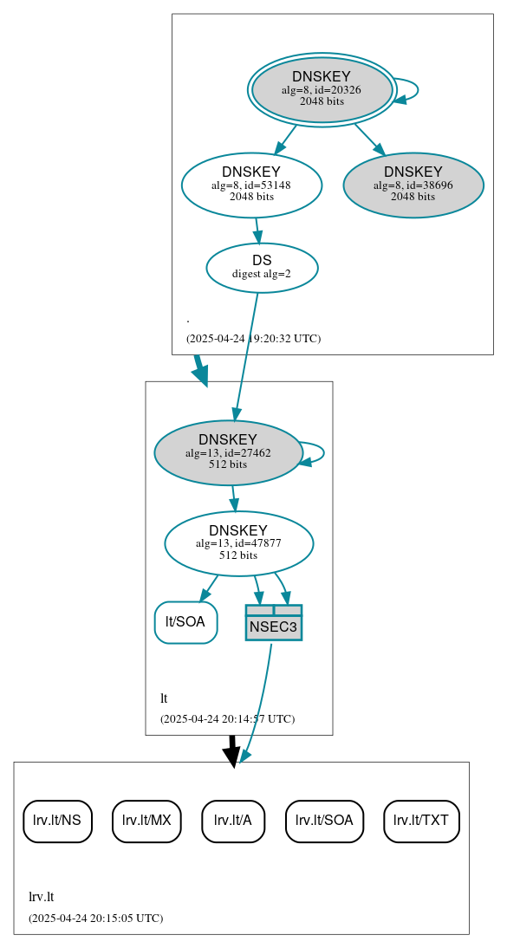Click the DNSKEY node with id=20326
coord(322,89)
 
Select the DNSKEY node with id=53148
coord(251,185)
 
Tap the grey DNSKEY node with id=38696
coord(413,185)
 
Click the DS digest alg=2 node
coord(262,267)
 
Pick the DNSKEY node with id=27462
coord(228,452)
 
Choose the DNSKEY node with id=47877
coord(238,543)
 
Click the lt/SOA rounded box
coord(185,621)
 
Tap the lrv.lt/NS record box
coord(57,821)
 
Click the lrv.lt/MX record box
coord(146,821)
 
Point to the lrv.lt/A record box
coord(233,821)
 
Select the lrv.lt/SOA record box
coord(324,821)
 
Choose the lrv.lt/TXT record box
coord(421,821)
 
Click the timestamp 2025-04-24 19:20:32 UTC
coord(253,339)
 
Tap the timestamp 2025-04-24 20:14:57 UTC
coord(227,719)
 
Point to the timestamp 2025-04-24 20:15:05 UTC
coord(95,919)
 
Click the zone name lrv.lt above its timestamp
coord(42,897)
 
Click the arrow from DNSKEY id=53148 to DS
coord(257,231)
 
